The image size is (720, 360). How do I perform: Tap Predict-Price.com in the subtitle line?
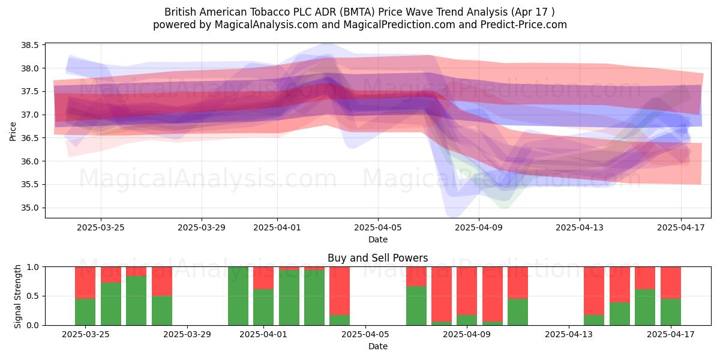524,25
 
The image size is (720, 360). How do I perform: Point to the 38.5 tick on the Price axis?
30,46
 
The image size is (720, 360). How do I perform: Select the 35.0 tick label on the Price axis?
30,208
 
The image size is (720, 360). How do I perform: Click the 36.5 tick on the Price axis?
30,138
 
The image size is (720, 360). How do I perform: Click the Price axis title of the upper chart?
13,131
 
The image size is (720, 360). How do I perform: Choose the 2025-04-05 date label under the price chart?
378,227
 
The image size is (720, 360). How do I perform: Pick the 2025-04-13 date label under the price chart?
580,227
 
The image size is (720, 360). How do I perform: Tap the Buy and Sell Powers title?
377,258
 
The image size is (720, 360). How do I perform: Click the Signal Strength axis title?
17,296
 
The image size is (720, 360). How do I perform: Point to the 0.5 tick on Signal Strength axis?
33,296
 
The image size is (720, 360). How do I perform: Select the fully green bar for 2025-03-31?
238,296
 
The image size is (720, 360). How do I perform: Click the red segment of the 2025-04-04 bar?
340,291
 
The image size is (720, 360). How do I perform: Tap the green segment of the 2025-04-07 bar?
416,305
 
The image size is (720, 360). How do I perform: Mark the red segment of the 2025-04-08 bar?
442,294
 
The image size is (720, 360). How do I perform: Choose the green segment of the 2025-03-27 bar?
136,301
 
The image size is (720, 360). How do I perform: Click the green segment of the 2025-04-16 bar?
645,307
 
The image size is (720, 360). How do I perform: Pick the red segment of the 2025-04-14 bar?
594,291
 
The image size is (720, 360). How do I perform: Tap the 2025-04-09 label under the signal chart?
467,335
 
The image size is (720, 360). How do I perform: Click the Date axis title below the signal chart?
378,347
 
